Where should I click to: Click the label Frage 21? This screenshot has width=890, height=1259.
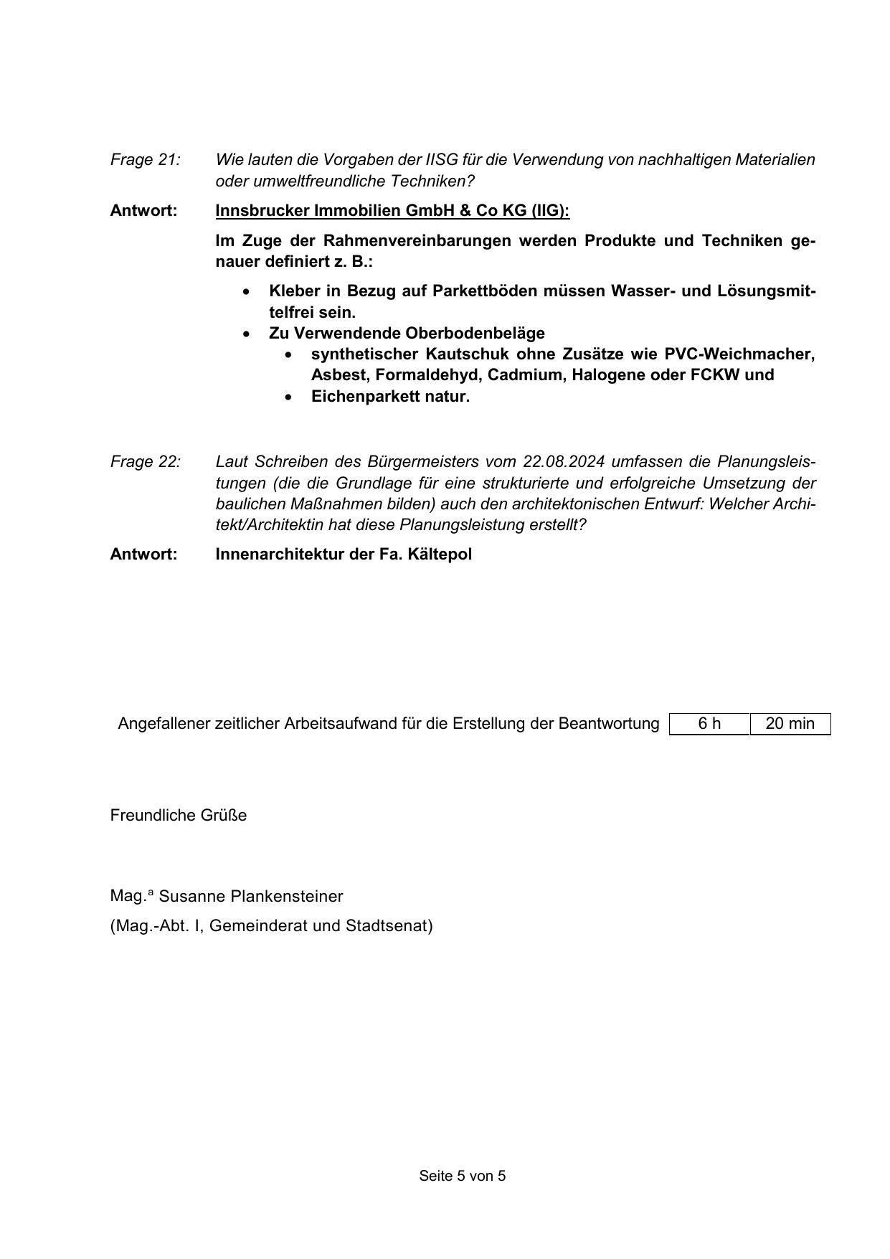[145, 159]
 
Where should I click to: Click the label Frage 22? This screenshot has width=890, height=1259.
[145, 461]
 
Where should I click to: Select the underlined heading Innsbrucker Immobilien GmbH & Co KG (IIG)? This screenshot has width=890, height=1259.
[392, 210]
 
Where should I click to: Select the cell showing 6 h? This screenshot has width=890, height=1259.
[709, 723]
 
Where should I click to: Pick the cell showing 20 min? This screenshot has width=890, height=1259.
[790, 723]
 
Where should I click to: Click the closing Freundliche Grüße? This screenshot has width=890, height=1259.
[179, 815]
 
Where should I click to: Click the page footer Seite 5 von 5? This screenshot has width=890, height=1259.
[463, 1176]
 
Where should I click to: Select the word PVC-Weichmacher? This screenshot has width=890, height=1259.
[739, 354]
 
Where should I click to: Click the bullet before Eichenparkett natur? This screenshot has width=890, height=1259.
[288, 397]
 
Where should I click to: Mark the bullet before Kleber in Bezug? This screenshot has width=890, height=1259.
[247, 291]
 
